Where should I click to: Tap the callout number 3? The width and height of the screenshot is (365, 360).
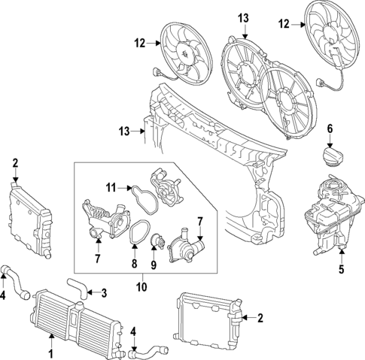click(104, 293)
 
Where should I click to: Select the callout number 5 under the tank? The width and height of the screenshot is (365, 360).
click(341, 267)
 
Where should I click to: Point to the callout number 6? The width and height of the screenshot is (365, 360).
click(329, 129)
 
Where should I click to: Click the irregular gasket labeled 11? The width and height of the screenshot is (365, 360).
click(141, 198)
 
